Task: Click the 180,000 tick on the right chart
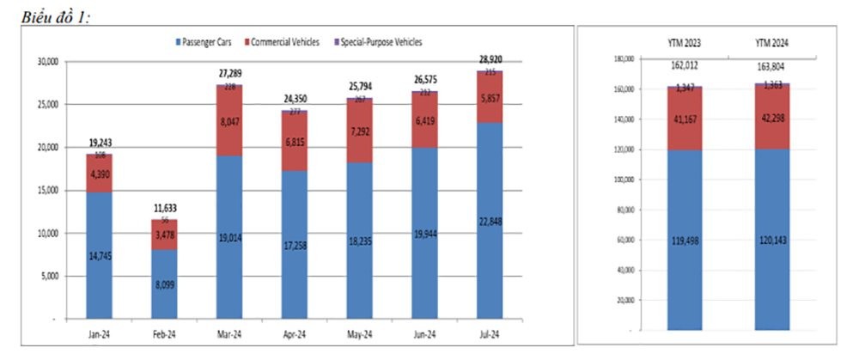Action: tap(624, 58)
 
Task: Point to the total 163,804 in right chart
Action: tap(772, 66)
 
